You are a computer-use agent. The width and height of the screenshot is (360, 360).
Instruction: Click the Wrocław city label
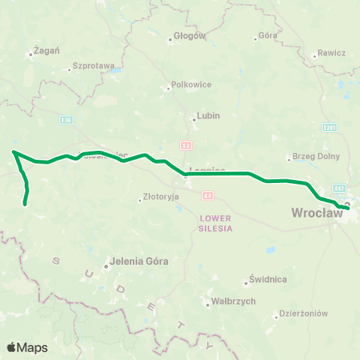coord(316,214)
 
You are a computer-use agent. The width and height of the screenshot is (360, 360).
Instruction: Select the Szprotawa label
coord(94,66)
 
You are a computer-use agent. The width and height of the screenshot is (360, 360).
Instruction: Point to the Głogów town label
coord(189,35)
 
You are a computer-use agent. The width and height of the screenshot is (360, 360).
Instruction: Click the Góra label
coord(268,35)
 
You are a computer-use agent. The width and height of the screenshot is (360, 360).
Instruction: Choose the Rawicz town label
coord(331,53)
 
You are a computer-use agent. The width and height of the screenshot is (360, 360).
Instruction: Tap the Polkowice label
coord(191,85)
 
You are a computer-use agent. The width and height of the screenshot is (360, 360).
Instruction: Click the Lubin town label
coord(208,117)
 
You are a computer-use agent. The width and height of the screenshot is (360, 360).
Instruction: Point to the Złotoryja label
coord(161,199)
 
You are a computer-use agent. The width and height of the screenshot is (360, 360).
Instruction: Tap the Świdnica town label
coord(269,280)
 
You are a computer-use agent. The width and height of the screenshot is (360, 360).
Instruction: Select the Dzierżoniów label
coord(304,313)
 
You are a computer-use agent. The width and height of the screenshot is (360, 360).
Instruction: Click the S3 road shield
coord(185,145)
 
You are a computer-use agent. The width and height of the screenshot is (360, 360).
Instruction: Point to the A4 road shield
coord(207,195)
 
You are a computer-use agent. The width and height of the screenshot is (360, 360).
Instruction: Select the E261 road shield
coord(327,127)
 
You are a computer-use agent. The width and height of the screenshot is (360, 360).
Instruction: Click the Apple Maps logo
coord(28,347)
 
